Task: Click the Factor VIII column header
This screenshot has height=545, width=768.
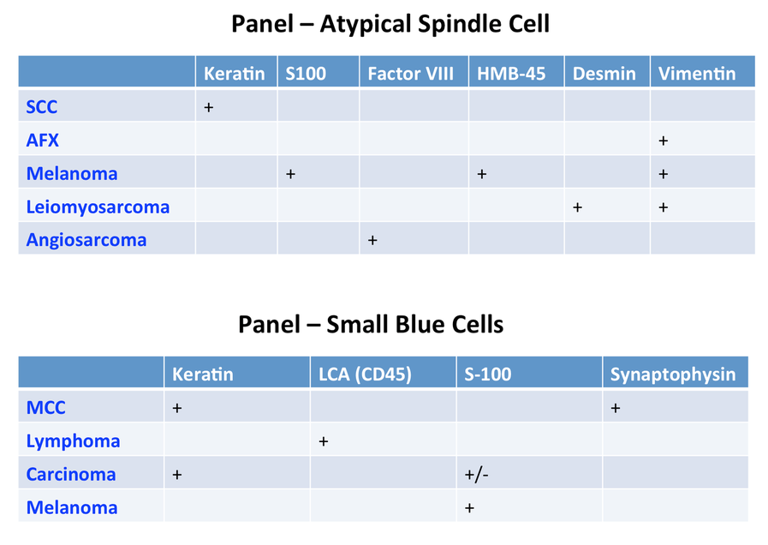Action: [410, 74]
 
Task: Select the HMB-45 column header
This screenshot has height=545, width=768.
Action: [511, 74]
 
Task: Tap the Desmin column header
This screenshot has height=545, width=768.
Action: [604, 74]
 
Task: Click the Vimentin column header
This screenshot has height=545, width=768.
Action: [696, 74]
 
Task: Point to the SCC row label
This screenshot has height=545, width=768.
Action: [42, 107]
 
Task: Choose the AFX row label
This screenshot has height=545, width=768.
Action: [42, 141]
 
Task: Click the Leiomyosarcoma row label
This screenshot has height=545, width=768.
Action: [98, 207]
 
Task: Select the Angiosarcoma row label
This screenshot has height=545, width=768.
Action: [86, 240]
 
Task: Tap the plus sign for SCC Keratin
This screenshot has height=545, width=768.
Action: [209, 107]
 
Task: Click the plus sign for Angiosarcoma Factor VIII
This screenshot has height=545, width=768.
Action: [372, 240]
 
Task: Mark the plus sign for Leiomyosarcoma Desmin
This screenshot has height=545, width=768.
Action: [577, 207]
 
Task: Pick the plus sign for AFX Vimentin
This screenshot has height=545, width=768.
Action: [664, 141]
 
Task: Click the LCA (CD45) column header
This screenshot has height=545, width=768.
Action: [365, 374]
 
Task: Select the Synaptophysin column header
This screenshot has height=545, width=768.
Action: [673, 374]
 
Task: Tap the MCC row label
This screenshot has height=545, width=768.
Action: [45, 408]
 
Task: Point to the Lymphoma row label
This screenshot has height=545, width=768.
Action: [73, 441]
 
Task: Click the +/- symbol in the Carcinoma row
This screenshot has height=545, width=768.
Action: [476, 475]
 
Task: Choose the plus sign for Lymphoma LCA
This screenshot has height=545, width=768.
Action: [324, 441]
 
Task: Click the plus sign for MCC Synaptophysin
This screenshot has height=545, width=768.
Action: [616, 408]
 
